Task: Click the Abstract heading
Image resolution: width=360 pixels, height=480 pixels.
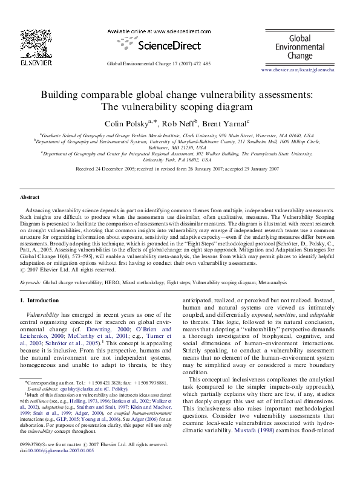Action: [30, 198]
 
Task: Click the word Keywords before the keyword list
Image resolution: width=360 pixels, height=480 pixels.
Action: [30, 282]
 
